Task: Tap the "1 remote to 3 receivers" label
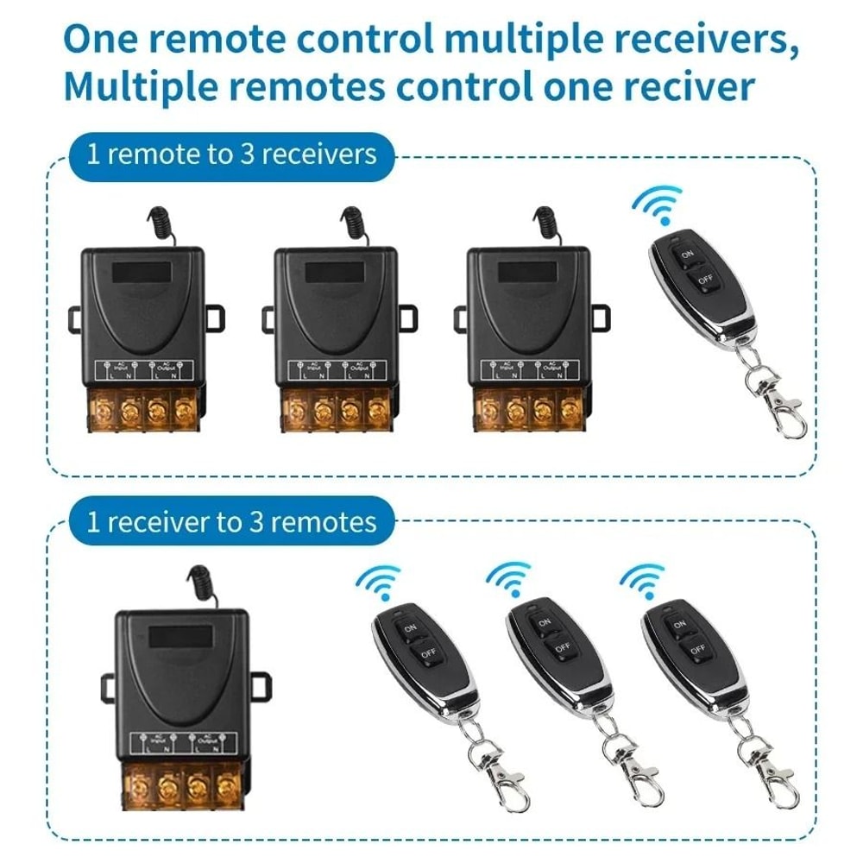pos(231,154)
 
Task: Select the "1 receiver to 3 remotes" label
pos(231,522)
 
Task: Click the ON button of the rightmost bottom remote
pos(678,623)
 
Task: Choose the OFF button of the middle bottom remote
pos(561,646)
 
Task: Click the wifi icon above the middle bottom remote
pos(508,579)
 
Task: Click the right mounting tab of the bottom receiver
pos(261,686)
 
